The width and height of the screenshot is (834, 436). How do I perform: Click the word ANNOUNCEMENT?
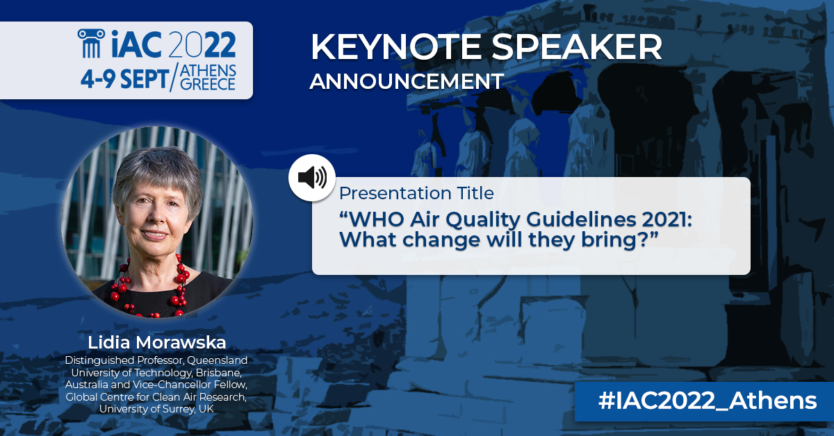tap(407, 81)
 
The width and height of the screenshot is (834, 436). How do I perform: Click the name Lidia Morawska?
tap(157, 343)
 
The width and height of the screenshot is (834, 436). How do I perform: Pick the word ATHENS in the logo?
tap(208, 72)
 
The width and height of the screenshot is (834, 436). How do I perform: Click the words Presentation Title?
tap(416, 193)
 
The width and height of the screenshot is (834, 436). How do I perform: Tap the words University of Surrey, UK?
tap(157, 409)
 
